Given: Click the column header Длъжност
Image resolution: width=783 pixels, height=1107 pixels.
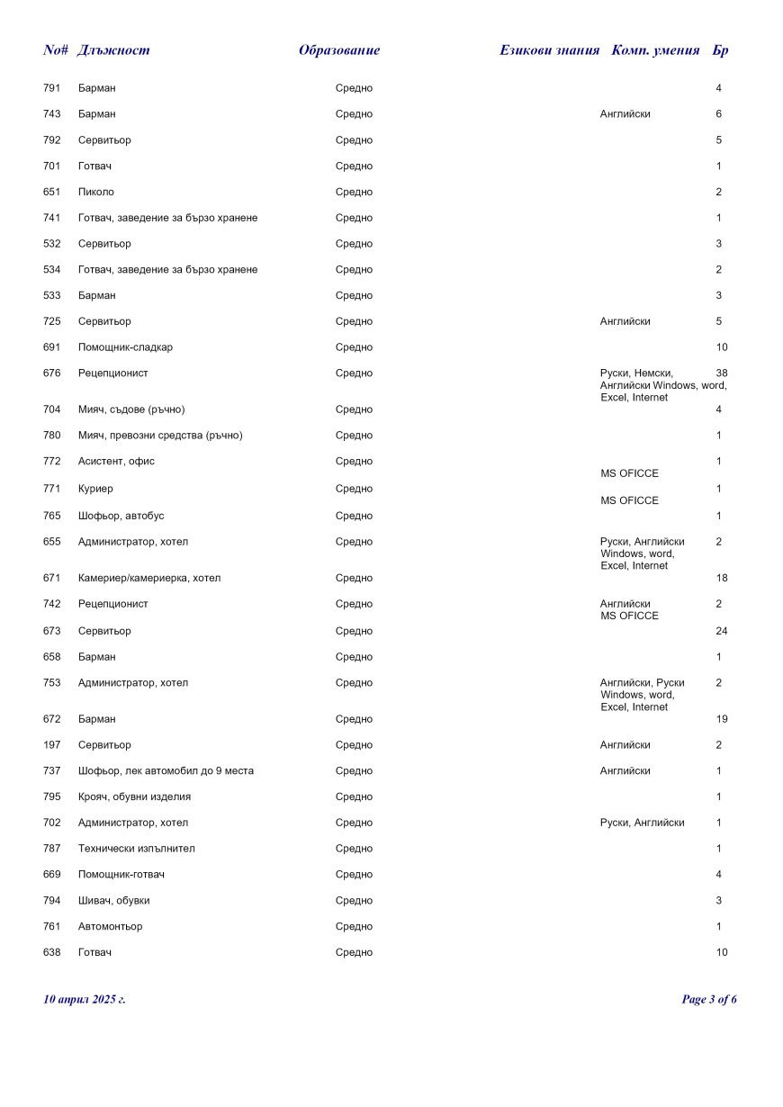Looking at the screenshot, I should [113, 50].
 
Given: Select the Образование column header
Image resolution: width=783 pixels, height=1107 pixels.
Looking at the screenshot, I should [339, 50].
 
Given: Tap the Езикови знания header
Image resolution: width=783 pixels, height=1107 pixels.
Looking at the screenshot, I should [549, 50].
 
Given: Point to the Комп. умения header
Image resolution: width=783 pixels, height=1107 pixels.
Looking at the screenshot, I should [655, 50].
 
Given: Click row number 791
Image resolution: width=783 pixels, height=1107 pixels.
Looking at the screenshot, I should [51, 88].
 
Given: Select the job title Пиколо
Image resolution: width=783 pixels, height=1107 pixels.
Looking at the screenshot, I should [96, 192].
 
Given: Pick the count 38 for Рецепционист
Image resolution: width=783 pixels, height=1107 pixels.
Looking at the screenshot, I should [721, 373].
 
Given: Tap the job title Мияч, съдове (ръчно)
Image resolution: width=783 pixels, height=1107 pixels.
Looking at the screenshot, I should [131, 409].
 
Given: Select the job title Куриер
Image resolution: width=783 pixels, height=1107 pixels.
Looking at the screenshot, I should [95, 489].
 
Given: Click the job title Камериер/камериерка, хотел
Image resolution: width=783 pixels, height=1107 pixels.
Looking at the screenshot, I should [149, 578].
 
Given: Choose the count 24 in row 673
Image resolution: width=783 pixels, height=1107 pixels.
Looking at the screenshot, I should [721, 631].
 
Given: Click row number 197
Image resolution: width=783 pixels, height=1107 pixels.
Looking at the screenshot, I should [51, 745].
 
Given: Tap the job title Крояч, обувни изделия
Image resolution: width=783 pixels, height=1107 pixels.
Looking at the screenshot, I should [134, 796].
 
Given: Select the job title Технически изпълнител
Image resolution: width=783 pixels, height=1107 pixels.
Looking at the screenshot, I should [137, 849].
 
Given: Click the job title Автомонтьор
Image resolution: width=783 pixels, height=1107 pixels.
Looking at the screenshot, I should [110, 926].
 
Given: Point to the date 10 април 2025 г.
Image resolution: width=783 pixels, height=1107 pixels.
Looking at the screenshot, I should [85, 999].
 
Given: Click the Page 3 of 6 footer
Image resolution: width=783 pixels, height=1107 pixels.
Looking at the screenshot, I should [709, 999].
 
